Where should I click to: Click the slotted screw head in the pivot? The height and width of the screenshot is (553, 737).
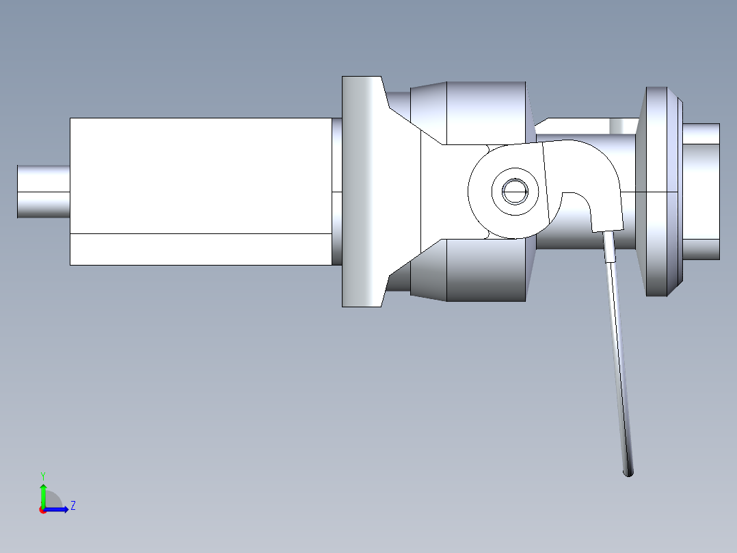[515, 192]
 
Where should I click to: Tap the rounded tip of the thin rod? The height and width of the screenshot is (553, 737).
[628, 472]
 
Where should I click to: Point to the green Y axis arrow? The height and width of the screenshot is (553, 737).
[42, 491]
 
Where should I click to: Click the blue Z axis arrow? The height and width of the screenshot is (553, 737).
[58, 509]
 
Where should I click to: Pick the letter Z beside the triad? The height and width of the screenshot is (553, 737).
[72, 506]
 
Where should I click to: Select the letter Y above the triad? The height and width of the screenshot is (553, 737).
[42, 475]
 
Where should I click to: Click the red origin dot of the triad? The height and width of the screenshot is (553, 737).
[42, 510]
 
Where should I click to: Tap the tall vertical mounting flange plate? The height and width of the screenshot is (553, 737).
[361, 192]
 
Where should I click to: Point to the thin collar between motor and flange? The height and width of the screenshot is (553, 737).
[336, 192]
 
